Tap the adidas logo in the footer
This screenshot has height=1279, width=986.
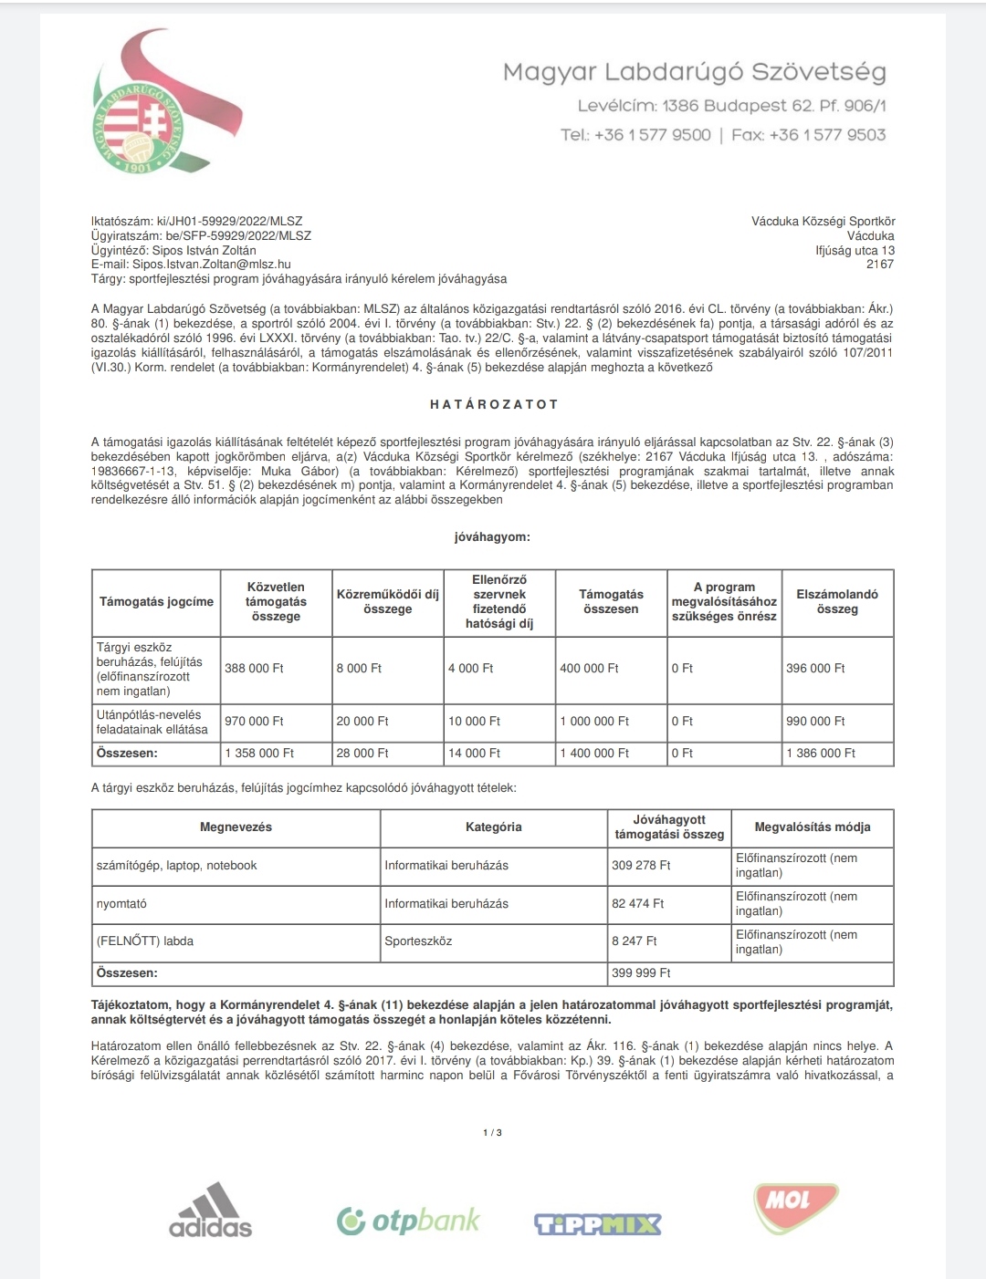tap(210, 1211)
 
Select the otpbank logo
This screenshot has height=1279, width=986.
tap(408, 1221)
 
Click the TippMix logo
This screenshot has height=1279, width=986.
tap(597, 1223)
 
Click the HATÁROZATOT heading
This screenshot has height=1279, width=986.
tap(493, 404)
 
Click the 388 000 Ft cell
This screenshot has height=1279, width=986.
tap(254, 669)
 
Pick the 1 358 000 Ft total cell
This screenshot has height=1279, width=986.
tap(259, 754)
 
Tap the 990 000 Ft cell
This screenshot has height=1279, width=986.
tap(815, 722)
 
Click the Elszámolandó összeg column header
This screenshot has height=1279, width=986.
tap(837, 602)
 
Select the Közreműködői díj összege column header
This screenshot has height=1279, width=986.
tap(387, 602)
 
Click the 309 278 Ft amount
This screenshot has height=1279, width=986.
tap(641, 866)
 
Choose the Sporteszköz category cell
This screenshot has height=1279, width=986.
tap(418, 941)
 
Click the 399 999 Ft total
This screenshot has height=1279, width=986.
tap(641, 973)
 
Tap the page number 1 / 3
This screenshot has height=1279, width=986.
tap(492, 1133)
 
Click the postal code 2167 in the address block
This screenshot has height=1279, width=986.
tap(880, 265)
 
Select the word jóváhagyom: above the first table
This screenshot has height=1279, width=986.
tap(492, 537)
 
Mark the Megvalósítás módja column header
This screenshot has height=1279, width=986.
tap(812, 827)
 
